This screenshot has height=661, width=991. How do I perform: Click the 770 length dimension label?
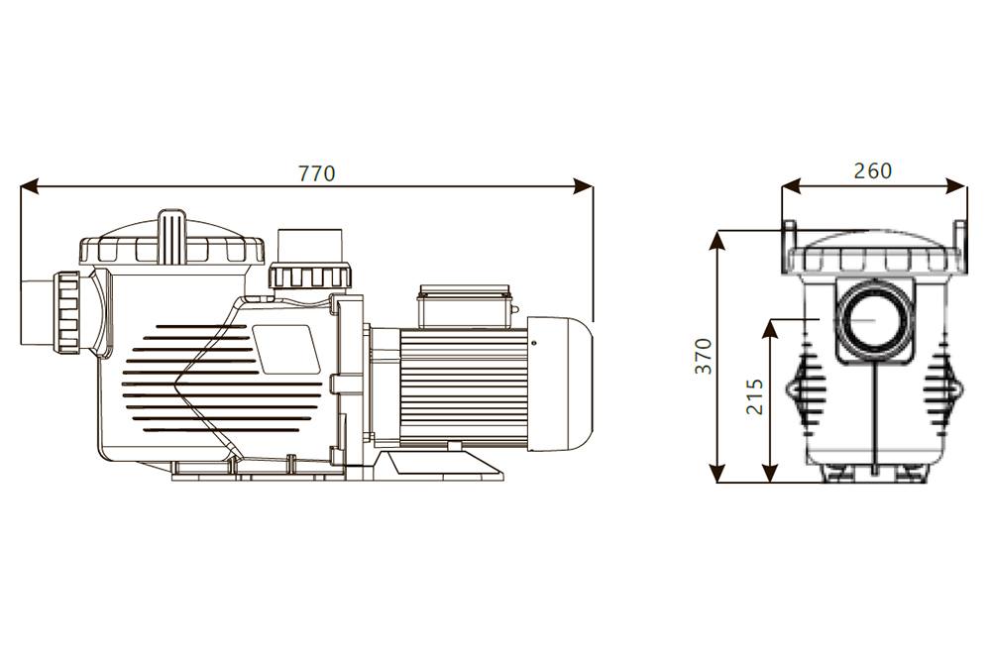(316, 173)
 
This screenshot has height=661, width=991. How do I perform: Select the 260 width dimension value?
(873, 170)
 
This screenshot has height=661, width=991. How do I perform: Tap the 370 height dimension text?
(703, 357)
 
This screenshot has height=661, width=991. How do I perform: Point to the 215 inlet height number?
(754, 396)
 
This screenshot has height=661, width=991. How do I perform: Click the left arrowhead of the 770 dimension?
(29, 186)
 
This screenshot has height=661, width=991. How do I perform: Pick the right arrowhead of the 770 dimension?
(584, 186)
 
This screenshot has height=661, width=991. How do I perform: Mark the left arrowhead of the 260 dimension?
(791, 185)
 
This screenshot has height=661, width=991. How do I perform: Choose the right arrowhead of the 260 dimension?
(957, 185)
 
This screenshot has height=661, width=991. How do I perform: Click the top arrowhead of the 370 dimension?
(717, 241)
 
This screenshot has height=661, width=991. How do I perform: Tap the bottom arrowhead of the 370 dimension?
(717, 473)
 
